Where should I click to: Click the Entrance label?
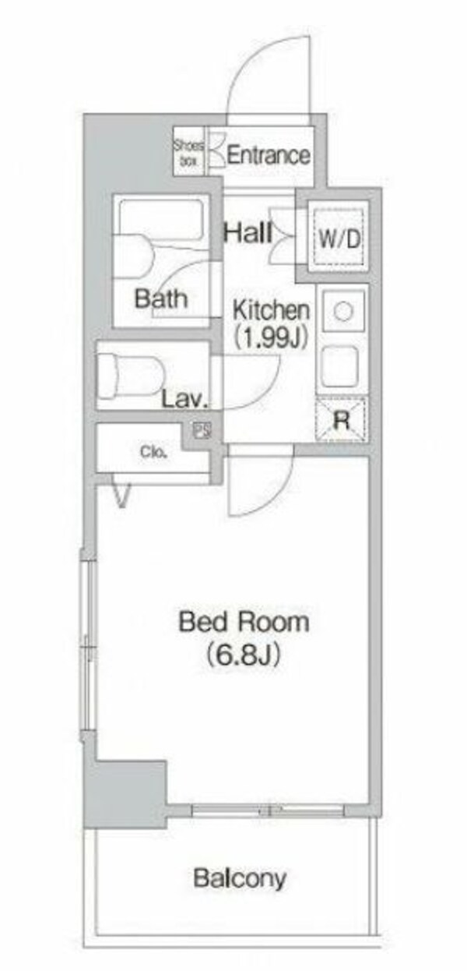click(x=268, y=155)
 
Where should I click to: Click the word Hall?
click(x=248, y=232)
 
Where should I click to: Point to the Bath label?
click(x=161, y=298)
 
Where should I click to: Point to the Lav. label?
click(x=184, y=401)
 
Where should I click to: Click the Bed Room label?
click(x=244, y=622)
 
